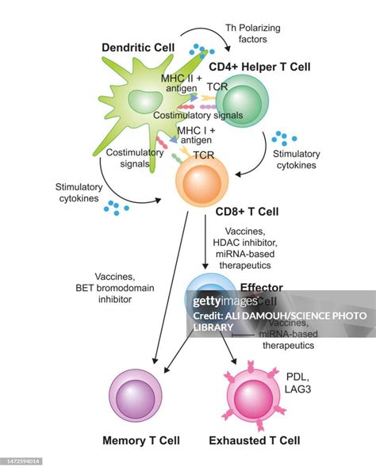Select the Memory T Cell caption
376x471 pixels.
(141, 440)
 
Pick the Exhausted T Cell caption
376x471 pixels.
(254, 440)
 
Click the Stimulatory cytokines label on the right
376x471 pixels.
(296, 159)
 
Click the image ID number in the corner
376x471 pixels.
(21, 460)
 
